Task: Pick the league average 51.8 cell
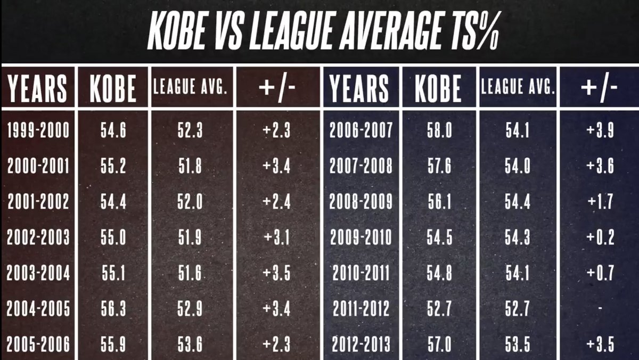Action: (190, 167)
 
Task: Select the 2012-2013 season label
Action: (361, 344)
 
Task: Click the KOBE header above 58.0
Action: (438, 87)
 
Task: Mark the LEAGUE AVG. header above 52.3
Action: (191, 88)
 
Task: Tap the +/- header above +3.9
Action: (600, 87)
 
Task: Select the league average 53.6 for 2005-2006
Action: (190, 344)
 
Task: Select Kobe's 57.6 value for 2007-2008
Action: (439, 167)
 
